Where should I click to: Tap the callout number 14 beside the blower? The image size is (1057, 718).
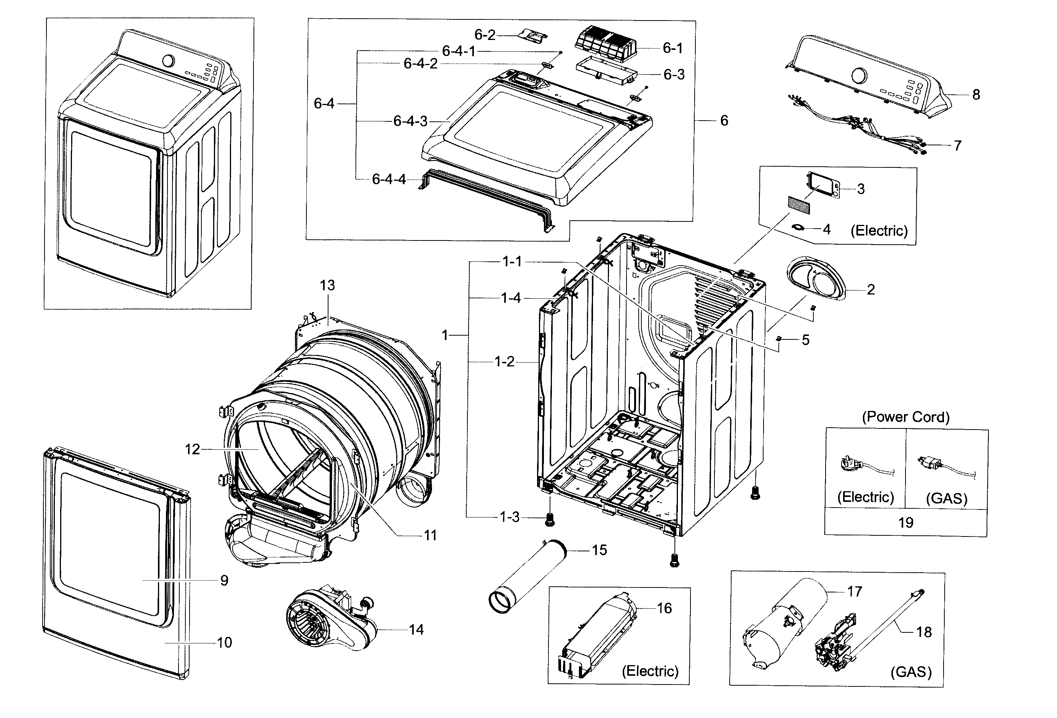pyautogui.click(x=416, y=630)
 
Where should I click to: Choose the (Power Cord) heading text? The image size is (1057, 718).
pyautogui.click(x=905, y=417)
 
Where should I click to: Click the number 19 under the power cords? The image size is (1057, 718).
pyautogui.click(x=906, y=522)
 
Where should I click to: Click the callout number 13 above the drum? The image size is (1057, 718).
pyautogui.click(x=327, y=285)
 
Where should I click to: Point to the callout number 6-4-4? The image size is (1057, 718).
pyautogui.click(x=389, y=179)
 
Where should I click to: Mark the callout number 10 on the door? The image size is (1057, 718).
pyautogui.click(x=224, y=643)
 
